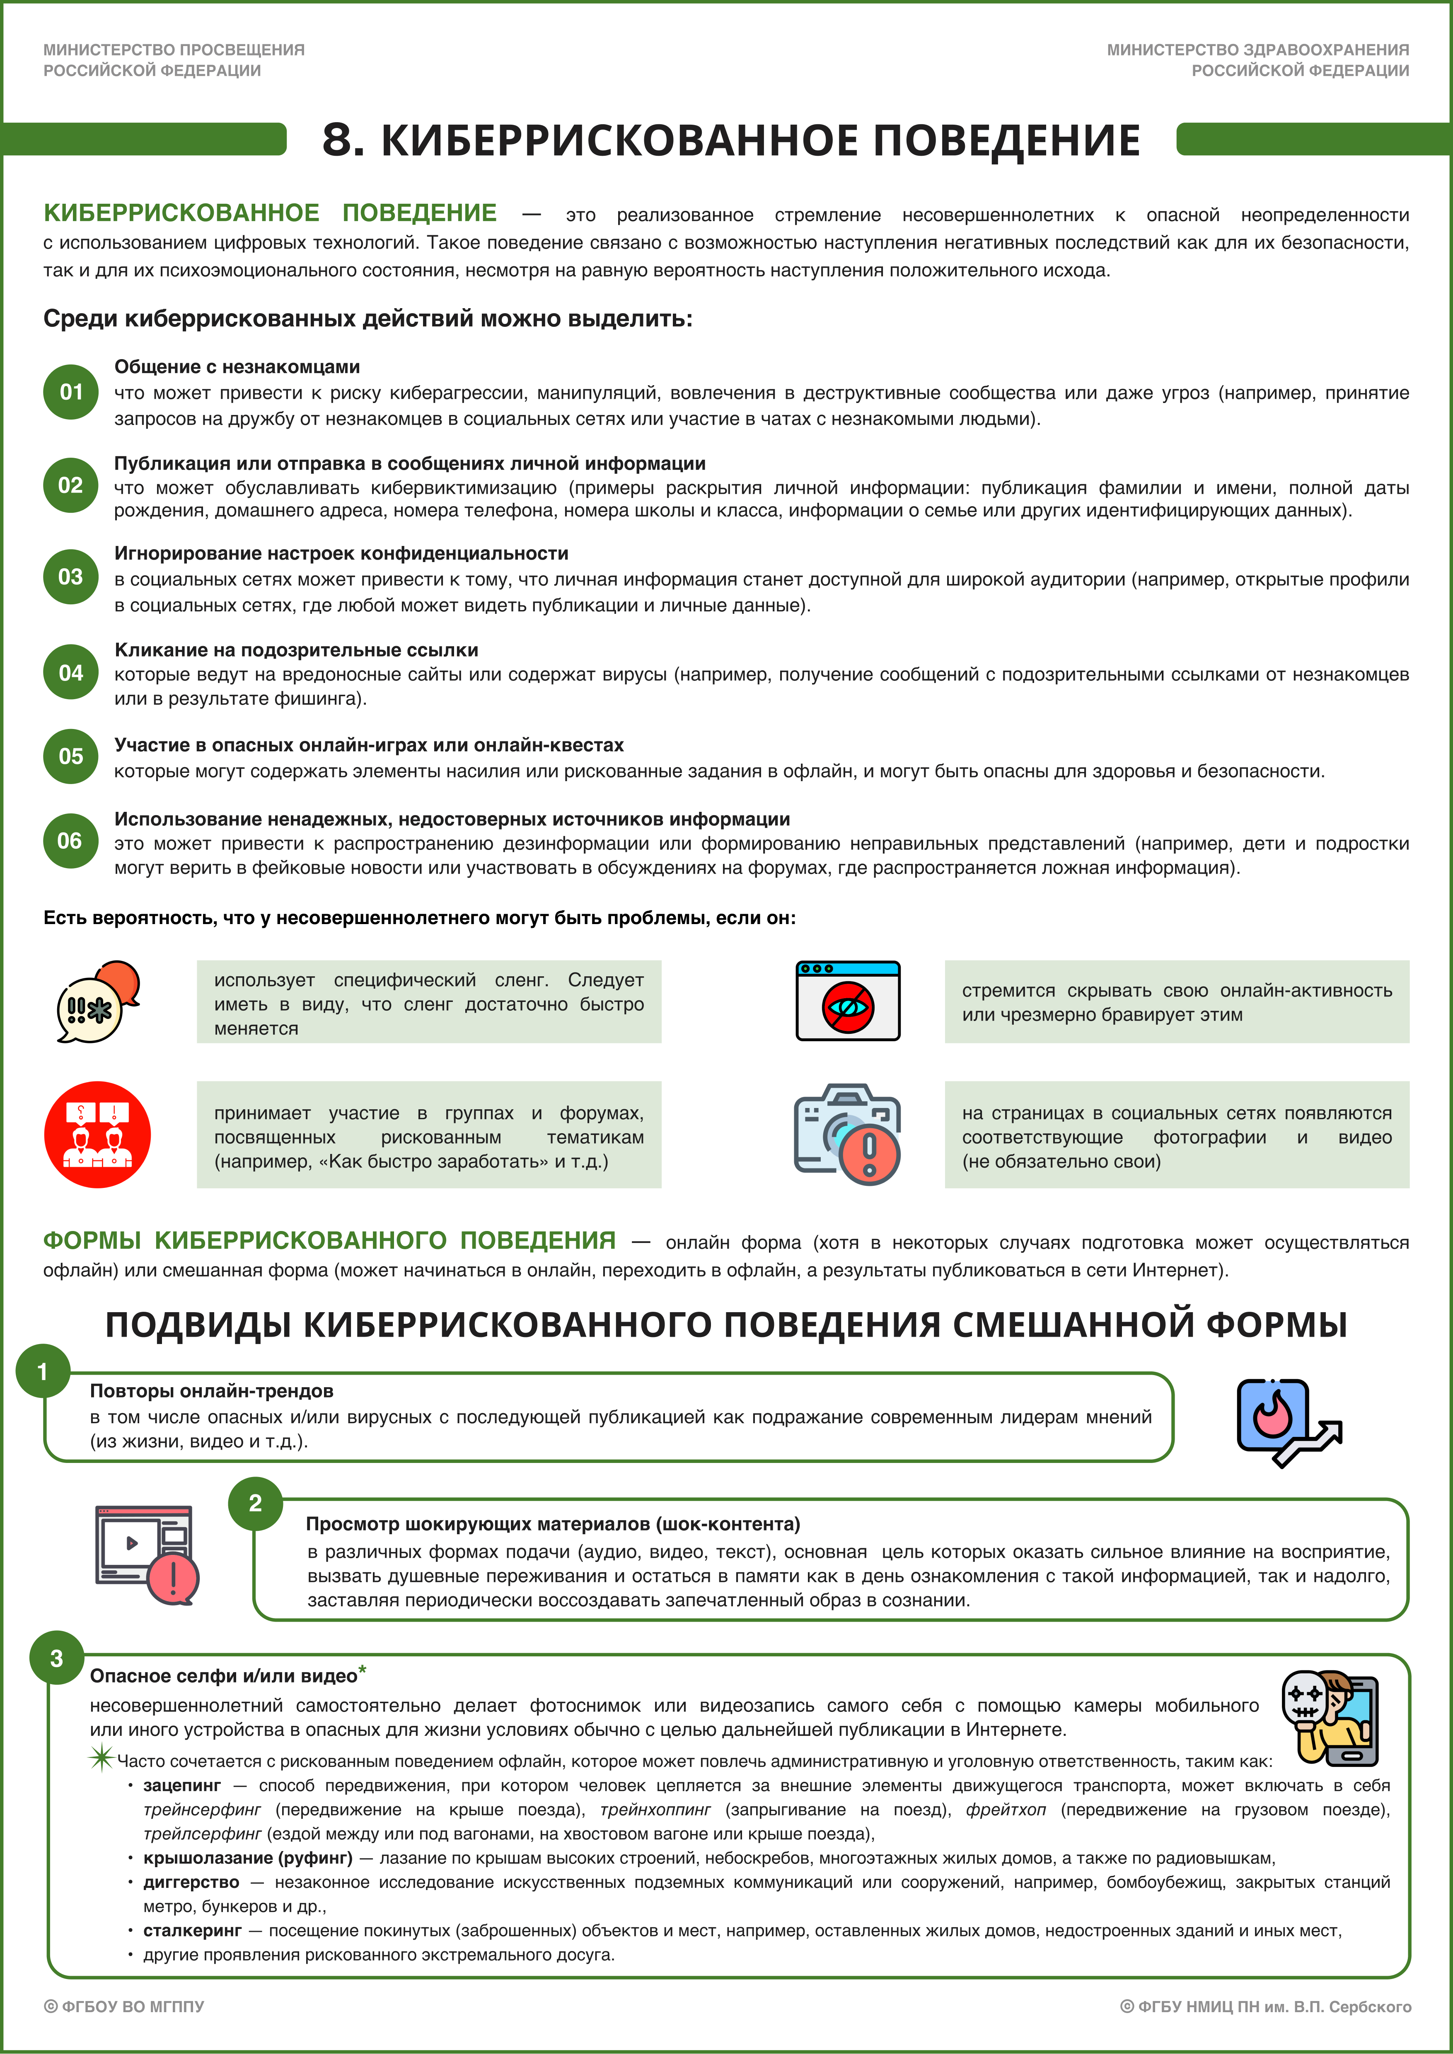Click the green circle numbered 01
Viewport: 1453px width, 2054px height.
(71, 392)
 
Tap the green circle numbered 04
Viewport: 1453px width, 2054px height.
(71, 672)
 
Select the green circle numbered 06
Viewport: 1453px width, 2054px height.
(71, 840)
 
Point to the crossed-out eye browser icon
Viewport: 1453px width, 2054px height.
(847, 1001)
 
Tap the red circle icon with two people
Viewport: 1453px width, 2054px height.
(97, 1134)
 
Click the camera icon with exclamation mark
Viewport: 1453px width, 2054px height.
(847, 1134)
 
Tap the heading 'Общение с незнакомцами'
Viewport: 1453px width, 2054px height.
(237, 367)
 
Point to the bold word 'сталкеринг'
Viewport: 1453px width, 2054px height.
(192, 1930)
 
